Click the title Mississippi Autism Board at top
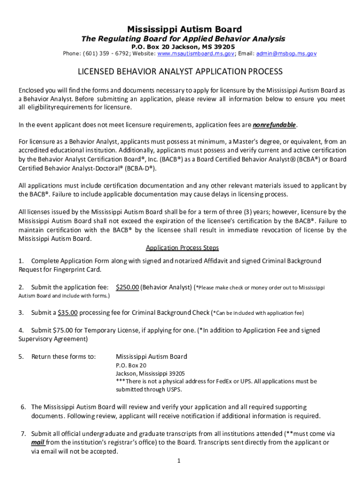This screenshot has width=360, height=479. click(180, 29)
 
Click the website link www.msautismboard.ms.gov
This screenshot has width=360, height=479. click(195, 54)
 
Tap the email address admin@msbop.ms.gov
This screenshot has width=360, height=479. click(286, 54)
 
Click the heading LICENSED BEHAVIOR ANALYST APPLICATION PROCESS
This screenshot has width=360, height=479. click(180, 72)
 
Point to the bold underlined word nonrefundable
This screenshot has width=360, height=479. click(274, 125)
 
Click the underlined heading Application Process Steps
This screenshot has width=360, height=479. click(182, 248)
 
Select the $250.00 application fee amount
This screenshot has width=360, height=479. click(127, 287)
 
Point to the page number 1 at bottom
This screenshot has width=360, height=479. click(179, 461)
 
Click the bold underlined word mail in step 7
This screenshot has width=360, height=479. click(38, 442)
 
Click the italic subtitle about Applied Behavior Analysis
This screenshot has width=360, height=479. click(180, 39)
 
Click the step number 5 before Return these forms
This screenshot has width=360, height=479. click(21, 357)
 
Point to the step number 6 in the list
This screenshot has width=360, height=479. click(23, 407)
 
